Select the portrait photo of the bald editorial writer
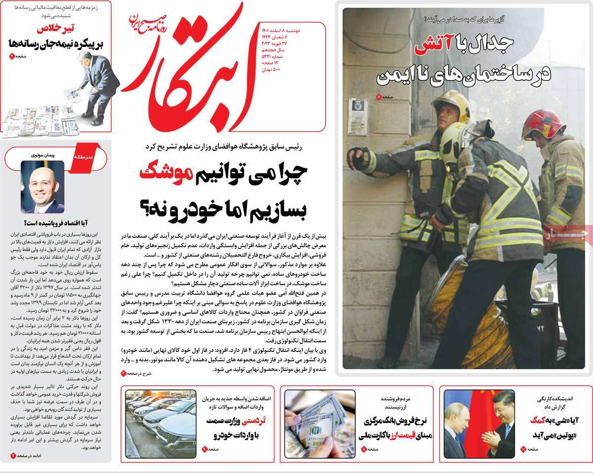click(42, 186)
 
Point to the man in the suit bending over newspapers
click(96, 86)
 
